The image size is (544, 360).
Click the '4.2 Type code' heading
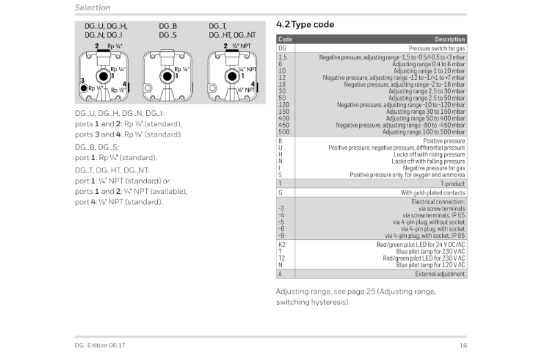[305, 25]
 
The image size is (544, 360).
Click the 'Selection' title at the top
[92, 8]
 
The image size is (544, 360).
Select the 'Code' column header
[285, 39]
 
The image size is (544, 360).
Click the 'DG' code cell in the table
[282, 48]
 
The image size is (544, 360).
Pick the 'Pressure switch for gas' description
[436, 48]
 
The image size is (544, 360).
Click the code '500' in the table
[283, 131]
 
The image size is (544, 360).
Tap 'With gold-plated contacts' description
[433, 192]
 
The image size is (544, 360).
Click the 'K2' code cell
[282, 244]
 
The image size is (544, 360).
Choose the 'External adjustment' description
[440, 274]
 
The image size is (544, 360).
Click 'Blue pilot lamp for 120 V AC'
[430, 264]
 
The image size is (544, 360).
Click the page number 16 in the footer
[463, 345]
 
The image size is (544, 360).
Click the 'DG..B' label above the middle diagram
[168, 26]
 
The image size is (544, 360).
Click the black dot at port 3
[83, 89]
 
